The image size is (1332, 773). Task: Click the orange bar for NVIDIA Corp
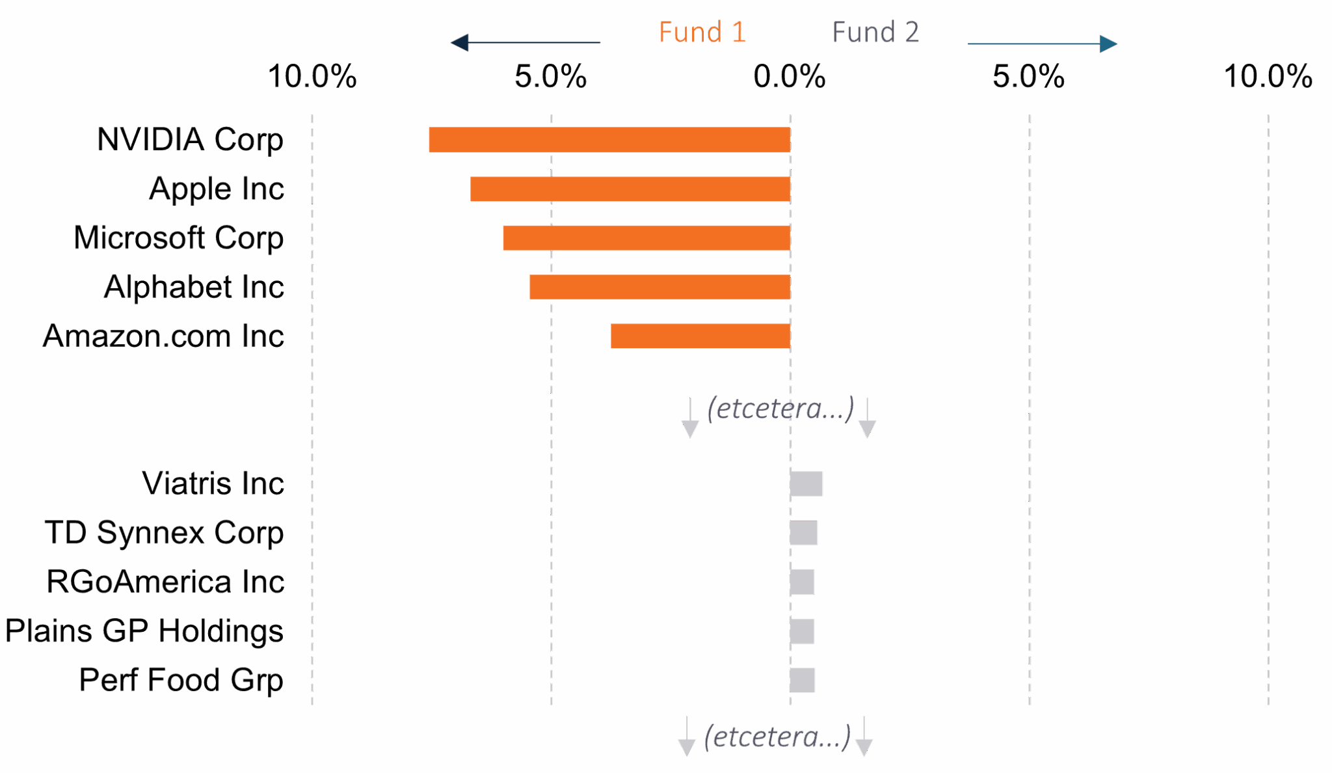click(x=609, y=140)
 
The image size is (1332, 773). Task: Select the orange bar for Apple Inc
click(x=630, y=189)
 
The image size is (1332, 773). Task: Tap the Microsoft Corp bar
click(x=646, y=238)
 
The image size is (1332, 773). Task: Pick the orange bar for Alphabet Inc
click(x=660, y=287)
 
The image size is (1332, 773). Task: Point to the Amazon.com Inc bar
click(x=700, y=336)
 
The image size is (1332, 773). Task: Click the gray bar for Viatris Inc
click(x=806, y=484)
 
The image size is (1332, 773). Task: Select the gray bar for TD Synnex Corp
click(x=804, y=533)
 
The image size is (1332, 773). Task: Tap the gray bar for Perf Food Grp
click(x=803, y=681)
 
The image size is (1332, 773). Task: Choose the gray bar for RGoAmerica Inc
click(x=802, y=582)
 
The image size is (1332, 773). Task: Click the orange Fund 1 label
click(x=702, y=33)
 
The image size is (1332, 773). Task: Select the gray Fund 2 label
click(x=875, y=33)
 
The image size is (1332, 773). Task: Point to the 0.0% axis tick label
click(x=790, y=77)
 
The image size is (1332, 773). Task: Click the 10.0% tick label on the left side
click(x=312, y=77)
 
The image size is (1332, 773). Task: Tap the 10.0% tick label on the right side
click(x=1268, y=77)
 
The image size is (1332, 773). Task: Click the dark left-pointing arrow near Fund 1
click(x=525, y=43)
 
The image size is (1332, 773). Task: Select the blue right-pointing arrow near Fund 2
click(x=1043, y=44)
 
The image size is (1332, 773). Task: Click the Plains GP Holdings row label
click(x=144, y=631)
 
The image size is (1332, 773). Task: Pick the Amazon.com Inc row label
click(x=164, y=336)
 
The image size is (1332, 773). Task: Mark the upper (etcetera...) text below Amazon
click(x=780, y=409)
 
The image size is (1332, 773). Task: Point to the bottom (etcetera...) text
click(x=778, y=737)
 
